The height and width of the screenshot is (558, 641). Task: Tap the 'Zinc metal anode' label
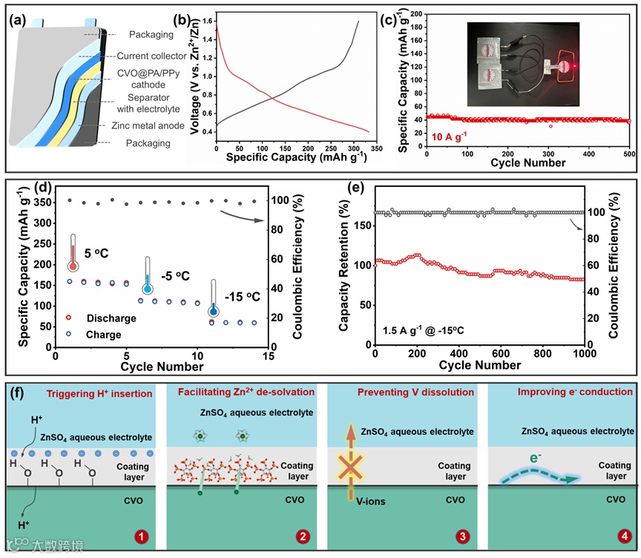151,125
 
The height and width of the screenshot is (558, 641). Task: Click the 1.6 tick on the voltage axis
204,22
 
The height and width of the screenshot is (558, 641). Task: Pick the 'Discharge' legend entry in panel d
111,318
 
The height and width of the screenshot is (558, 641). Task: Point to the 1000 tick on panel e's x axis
583,355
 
